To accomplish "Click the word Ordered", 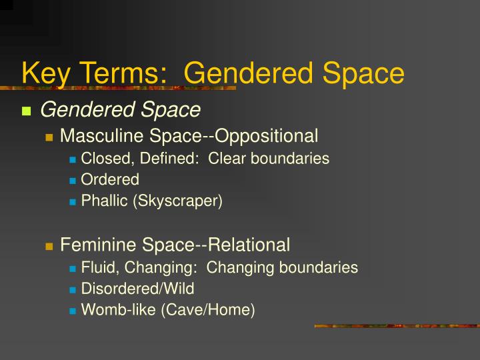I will coord(110,179).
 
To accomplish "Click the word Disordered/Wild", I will coord(137,289).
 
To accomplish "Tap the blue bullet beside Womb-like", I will coord(72,311).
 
